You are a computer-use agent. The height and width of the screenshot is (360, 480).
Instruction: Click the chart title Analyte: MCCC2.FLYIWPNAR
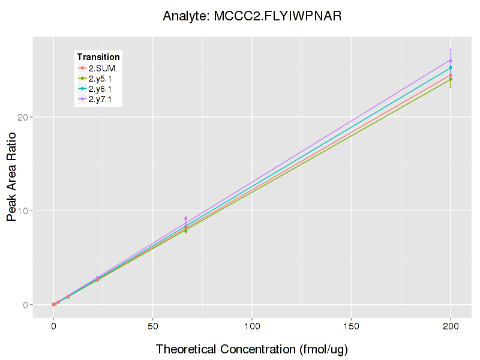[252, 16]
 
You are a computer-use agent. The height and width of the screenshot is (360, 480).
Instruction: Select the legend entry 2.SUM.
[103, 67]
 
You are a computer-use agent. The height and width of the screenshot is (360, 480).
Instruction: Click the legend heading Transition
[98, 56]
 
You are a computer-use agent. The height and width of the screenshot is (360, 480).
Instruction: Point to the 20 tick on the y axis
[23, 116]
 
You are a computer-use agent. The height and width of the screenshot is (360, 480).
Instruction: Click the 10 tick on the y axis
[23, 211]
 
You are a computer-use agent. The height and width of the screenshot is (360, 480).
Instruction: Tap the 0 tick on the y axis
[26, 305]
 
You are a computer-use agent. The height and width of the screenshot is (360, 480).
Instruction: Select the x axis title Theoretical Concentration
[252, 349]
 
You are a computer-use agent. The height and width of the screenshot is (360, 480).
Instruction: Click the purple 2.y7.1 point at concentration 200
[450, 61]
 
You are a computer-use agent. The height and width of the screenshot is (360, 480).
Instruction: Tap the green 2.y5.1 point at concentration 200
[450, 79]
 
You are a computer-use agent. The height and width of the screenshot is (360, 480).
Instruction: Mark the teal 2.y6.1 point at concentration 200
[450, 67]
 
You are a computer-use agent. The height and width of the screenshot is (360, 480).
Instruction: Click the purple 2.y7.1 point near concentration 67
[186, 218]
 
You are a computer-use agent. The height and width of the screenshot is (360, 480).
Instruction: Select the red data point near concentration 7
[68, 296]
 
